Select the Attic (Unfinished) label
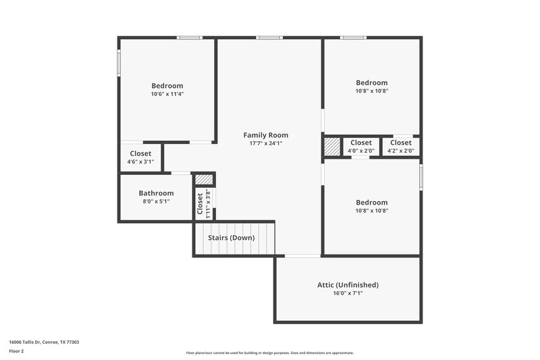348,285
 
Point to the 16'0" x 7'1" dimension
348,293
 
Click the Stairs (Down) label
232,238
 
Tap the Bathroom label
156,193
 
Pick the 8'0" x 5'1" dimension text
156,201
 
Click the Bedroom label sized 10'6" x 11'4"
167,86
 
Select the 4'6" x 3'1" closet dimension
140,162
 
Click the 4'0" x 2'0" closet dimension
360,151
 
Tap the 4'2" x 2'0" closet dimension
400,151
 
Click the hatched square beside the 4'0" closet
332,147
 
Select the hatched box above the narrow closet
204,179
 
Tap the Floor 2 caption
16,351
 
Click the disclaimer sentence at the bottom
269,353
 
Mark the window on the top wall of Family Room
269,38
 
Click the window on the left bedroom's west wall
119,62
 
